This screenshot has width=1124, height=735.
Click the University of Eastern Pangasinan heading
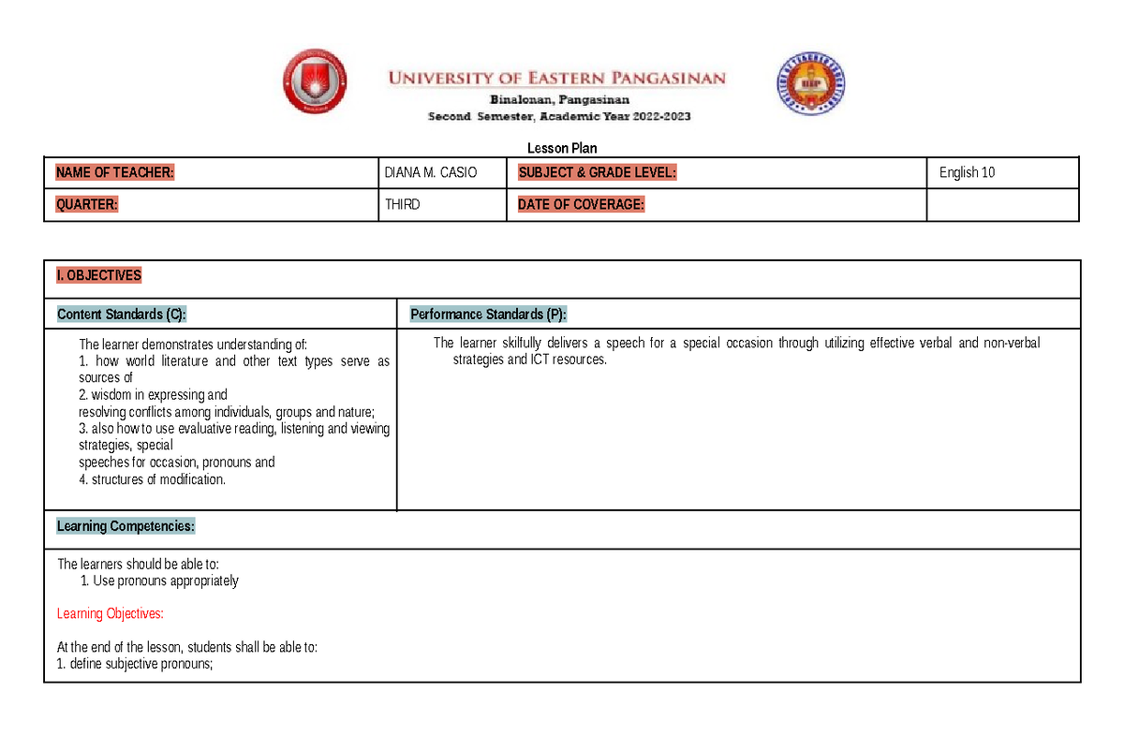click(557, 79)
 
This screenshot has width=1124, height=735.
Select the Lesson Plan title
click(562, 148)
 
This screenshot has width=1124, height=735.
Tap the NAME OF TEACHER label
click(115, 172)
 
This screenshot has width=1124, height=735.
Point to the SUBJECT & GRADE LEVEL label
click(597, 172)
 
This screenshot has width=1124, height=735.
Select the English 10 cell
click(967, 172)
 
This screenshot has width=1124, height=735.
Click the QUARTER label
click(87, 205)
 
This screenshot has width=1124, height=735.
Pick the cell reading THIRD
click(403, 205)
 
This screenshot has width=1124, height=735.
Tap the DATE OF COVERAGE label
click(581, 205)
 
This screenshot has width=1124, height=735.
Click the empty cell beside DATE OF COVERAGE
click(1002, 205)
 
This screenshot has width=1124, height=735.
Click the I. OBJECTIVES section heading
click(99, 275)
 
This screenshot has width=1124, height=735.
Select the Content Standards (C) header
click(128, 314)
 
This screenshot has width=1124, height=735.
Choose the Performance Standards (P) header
click(488, 314)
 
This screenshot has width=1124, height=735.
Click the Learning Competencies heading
click(126, 526)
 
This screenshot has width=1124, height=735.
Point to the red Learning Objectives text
click(111, 613)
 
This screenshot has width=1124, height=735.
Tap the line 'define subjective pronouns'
click(136, 664)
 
